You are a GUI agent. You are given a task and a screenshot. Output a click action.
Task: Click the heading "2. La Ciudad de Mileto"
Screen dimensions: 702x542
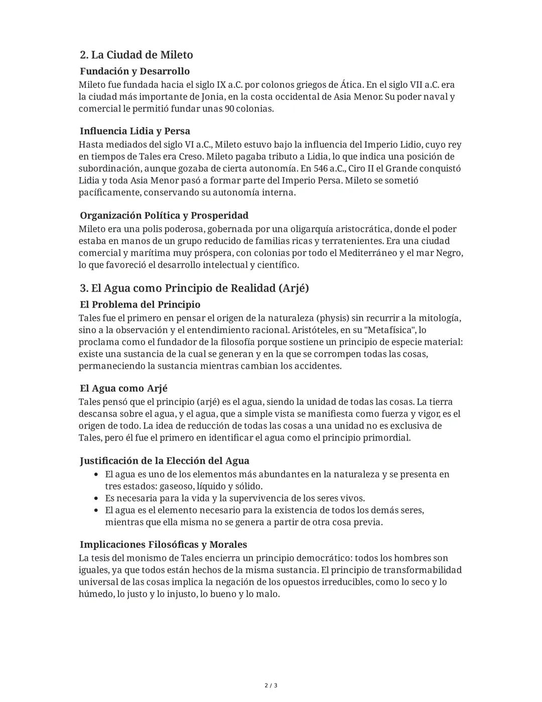click(x=137, y=55)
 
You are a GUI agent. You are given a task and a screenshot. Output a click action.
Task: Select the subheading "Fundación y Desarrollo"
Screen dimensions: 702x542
click(x=134, y=71)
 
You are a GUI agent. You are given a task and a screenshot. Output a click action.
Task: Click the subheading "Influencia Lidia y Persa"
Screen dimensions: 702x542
click(x=135, y=131)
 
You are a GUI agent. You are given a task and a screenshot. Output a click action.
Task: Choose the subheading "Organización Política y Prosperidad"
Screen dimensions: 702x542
click(x=164, y=216)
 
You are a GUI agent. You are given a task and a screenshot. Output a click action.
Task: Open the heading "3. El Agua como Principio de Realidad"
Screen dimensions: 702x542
click(x=194, y=288)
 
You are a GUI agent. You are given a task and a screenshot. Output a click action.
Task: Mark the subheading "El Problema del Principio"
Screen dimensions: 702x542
click(x=140, y=305)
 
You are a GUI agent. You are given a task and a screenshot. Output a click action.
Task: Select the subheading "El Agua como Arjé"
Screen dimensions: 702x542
click(x=123, y=388)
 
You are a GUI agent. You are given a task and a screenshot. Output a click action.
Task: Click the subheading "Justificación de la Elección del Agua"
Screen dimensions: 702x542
click(x=165, y=461)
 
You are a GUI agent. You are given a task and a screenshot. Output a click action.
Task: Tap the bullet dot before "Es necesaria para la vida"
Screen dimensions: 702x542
click(x=97, y=498)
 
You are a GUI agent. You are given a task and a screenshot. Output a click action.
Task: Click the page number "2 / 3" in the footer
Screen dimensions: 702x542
click(x=271, y=685)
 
